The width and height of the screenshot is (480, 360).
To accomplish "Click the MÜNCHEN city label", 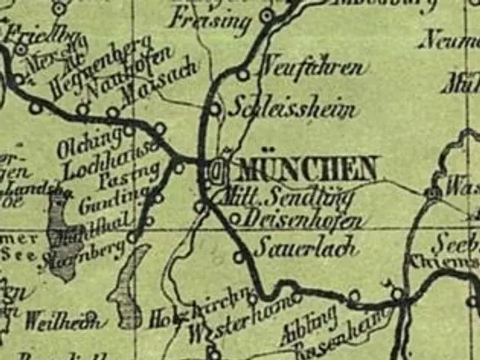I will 307,169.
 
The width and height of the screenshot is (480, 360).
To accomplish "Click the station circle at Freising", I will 266,15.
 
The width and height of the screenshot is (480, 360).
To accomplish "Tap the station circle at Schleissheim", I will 215,109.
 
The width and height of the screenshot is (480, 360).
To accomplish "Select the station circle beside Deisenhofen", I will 235,219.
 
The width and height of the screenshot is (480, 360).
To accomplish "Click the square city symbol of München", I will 216,171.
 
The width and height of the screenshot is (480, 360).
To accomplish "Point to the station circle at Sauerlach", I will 238,257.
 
